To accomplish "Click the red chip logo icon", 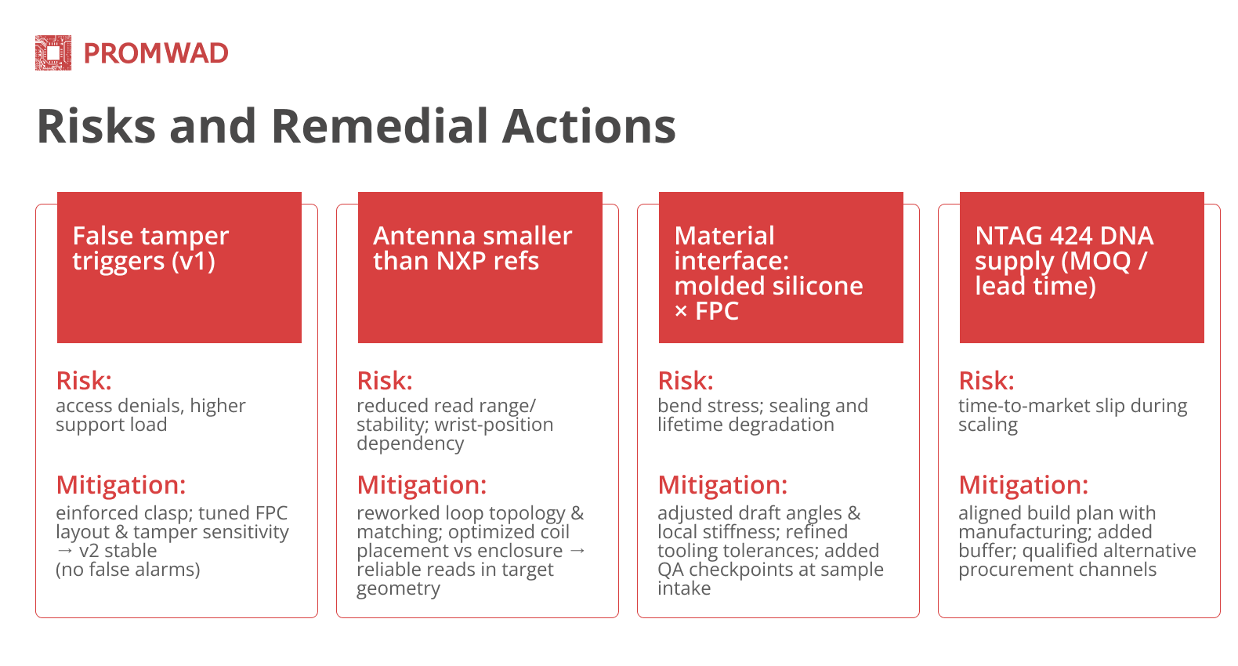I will (53, 52).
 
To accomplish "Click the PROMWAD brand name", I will (156, 53).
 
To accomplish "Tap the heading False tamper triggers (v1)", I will (150, 248).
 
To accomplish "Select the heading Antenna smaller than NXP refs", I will (472, 248).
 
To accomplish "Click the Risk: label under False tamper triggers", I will (84, 381).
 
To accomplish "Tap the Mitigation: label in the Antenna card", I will (422, 485).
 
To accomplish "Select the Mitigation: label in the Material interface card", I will (722, 485).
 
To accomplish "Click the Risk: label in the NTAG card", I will (986, 381).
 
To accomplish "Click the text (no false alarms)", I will (128, 570).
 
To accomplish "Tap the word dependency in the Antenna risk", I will (410, 443).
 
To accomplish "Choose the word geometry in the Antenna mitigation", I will (398, 588).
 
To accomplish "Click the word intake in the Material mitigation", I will (684, 588).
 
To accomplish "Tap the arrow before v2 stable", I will (64, 551).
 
